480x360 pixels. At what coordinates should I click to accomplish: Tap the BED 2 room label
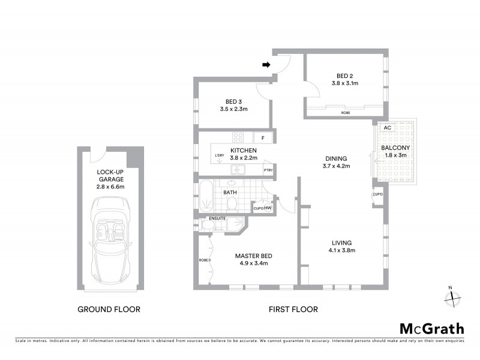coord(344,76)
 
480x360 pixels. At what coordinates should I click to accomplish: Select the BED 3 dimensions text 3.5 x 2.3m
coord(233,109)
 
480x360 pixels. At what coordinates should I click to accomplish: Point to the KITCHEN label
coord(244,151)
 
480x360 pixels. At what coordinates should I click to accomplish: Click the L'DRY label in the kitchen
coord(219,157)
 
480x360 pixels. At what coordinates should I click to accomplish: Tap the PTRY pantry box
coord(268,170)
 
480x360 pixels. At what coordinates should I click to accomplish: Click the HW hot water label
coord(268,208)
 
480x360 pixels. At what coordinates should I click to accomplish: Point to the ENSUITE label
coord(217,218)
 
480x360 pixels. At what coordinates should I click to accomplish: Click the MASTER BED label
coord(251,255)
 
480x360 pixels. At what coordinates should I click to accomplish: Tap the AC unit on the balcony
coord(387,128)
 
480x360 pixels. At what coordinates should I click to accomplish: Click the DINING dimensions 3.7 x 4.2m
coord(336,166)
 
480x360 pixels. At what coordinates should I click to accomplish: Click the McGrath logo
coord(431,328)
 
